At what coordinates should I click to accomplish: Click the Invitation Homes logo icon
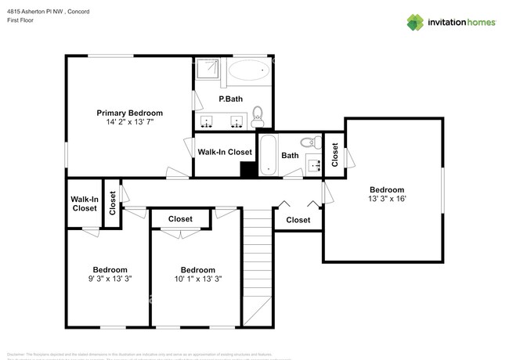(x=414, y=22)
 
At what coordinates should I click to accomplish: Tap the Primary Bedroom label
(x=129, y=113)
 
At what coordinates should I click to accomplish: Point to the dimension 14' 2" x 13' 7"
(x=129, y=122)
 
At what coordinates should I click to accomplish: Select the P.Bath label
(x=230, y=99)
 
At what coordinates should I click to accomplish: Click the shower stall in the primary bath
(x=208, y=70)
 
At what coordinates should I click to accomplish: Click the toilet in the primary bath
(x=259, y=119)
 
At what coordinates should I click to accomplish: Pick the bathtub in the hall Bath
(x=268, y=154)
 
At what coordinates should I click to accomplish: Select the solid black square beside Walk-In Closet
(x=248, y=168)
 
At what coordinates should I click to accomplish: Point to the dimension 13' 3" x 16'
(x=387, y=199)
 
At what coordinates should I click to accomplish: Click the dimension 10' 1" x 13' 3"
(x=197, y=279)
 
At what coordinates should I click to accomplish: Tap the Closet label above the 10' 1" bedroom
(x=181, y=219)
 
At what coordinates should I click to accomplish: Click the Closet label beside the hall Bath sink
(x=334, y=154)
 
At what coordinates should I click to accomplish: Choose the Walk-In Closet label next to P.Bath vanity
(x=225, y=152)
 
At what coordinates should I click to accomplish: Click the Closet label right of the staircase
(x=298, y=220)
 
